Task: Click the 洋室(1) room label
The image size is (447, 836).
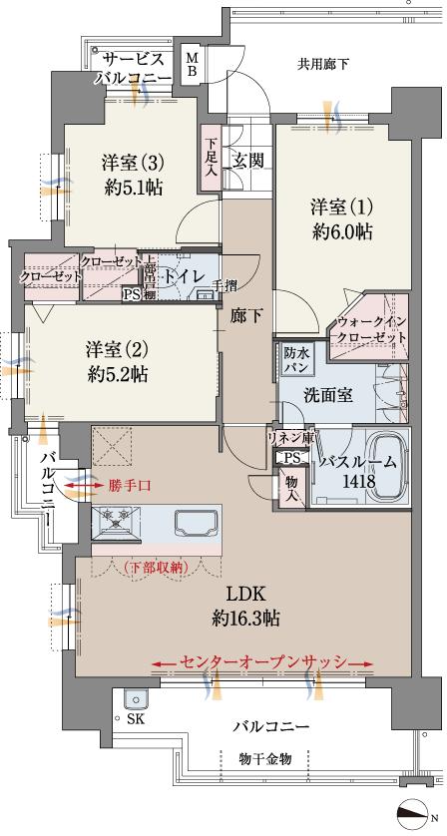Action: [340, 208]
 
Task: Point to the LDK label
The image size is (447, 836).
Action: [244, 593]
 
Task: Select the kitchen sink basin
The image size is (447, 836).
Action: [195, 523]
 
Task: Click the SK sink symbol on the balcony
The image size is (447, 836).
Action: [133, 700]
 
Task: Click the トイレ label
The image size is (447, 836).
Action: [186, 276]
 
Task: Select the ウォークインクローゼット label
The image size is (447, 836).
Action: [372, 330]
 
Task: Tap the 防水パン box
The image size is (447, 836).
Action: [296, 359]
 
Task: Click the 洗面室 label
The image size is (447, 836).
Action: [327, 394]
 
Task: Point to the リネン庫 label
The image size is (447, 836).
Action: [290, 437]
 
